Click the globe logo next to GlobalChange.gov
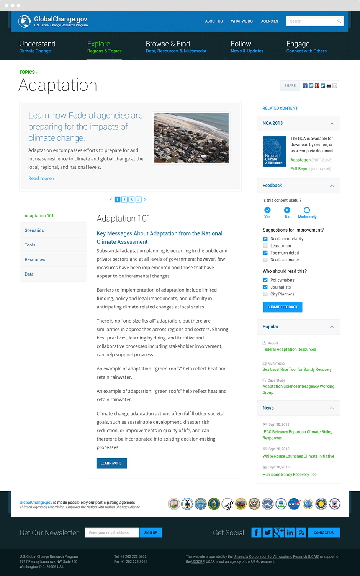25,21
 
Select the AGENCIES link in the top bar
270,21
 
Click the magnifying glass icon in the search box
339,21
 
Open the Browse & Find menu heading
168,44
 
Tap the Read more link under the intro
41,178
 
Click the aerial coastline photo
191,138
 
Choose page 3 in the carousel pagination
131,199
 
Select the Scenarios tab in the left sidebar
34,230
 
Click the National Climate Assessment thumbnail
274,151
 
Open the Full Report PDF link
300,169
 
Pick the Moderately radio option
307,210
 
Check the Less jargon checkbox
265,246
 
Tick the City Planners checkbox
265,294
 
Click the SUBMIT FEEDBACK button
282,307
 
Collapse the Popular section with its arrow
332,327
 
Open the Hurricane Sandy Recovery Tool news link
290,475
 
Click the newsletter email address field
112,532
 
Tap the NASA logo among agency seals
294,504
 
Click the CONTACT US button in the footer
323,532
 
